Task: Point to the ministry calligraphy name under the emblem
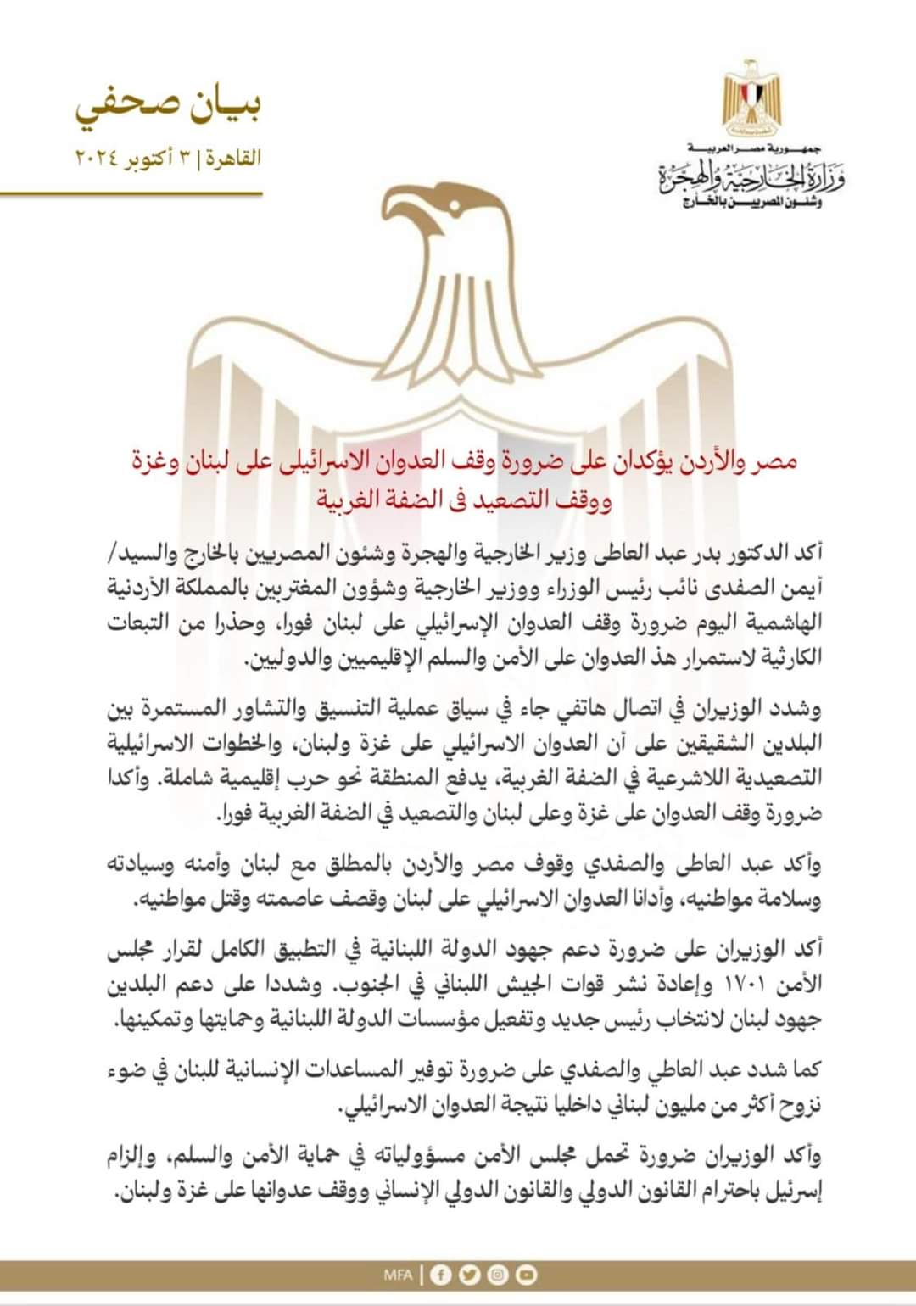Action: (752, 178)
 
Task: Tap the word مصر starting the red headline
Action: (777, 462)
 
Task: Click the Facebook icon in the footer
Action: (441, 1274)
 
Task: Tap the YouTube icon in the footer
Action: (526, 1274)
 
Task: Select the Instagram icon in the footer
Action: (498, 1274)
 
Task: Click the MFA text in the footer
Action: (397, 1274)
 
